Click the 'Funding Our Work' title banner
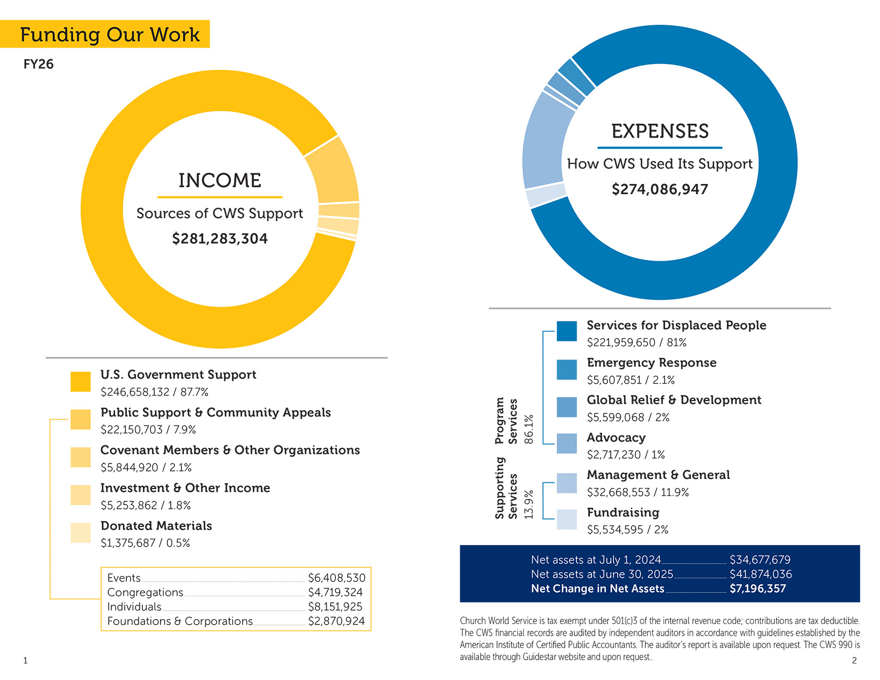coord(109,35)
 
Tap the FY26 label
coord(38,65)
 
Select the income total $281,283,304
coord(220,238)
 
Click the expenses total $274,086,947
coord(660,189)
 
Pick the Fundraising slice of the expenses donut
coord(546,195)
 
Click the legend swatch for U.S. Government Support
coord(81,382)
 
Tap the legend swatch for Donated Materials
coord(81,533)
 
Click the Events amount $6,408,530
coord(337,578)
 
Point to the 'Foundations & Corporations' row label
coord(180,621)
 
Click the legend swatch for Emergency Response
coord(566,370)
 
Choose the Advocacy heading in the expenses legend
coord(616,438)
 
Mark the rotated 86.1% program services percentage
coord(529,429)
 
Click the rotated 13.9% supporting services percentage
coord(529,505)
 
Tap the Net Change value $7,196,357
coord(757,589)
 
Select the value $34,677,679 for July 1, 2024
coord(759,560)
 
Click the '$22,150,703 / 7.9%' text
coord(148,430)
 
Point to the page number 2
coord(854,661)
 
